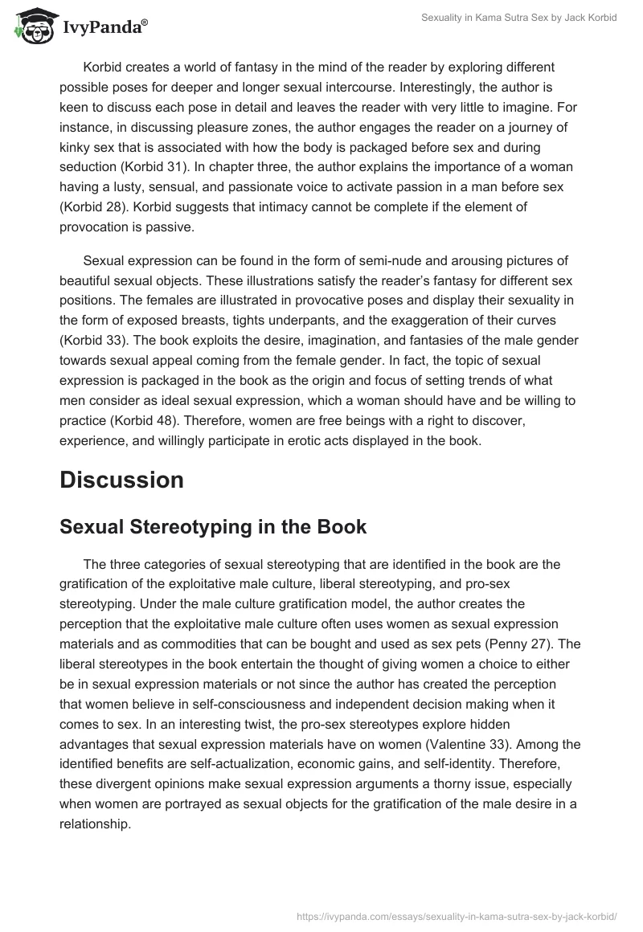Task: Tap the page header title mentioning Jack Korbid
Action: (519, 18)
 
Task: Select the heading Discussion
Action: (121, 480)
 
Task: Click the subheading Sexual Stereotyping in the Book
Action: (213, 527)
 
